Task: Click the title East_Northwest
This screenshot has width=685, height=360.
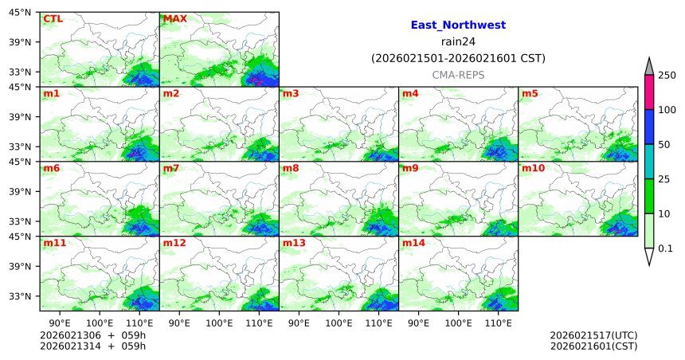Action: tap(458, 25)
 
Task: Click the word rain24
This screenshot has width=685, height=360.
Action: tap(458, 41)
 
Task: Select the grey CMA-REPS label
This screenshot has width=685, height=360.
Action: tap(458, 74)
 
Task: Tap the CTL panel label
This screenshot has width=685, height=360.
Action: tap(53, 18)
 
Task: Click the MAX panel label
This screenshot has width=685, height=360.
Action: tap(174, 18)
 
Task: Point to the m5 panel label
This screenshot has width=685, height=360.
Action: tap(530, 94)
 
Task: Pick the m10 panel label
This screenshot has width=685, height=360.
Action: tap(533, 169)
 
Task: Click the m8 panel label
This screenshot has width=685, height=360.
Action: tap(291, 169)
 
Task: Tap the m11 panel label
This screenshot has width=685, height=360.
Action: tap(54, 243)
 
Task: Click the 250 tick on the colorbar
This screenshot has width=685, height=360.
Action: tap(667, 75)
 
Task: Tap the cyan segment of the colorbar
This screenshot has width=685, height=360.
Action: tap(649, 162)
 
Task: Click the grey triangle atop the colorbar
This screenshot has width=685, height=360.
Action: tap(649, 65)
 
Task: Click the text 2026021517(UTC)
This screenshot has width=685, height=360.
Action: tap(593, 335)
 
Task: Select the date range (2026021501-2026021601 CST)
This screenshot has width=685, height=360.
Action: tap(458, 58)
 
